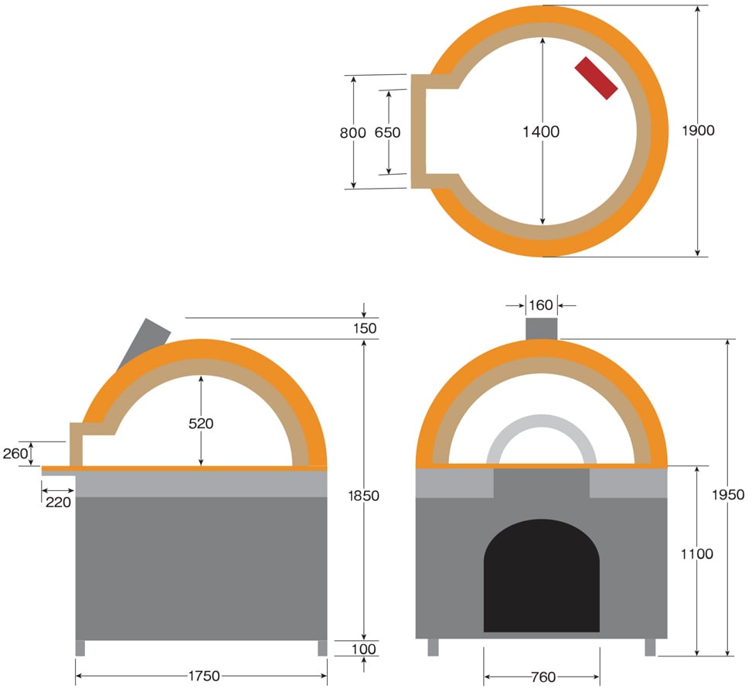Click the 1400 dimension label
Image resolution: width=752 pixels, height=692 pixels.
click(541, 131)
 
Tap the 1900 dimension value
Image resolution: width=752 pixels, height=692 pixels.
click(699, 131)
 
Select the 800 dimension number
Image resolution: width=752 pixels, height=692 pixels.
click(353, 132)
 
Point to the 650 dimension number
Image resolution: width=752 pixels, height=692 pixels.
click(387, 132)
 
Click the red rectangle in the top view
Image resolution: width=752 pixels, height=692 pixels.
click(596, 78)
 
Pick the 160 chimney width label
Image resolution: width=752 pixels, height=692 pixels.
click(541, 305)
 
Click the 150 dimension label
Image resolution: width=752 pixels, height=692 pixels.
click(365, 329)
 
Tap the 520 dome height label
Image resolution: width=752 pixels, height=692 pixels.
click(201, 423)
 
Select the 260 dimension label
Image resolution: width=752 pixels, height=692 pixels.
click(15, 454)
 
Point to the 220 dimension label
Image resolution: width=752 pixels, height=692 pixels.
click(59, 503)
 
